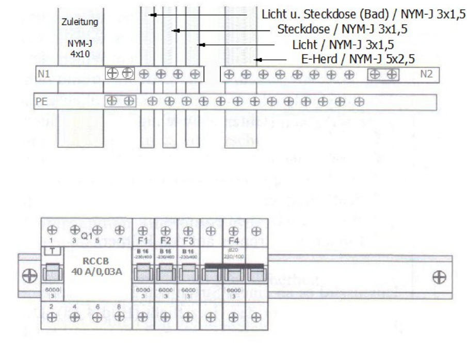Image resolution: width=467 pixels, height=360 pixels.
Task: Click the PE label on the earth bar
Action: click(x=41, y=101)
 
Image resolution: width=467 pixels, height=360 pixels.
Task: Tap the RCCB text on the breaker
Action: click(x=93, y=261)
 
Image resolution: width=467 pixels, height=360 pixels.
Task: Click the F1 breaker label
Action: click(x=143, y=241)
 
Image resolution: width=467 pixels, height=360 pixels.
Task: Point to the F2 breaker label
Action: click(x=166, y=241)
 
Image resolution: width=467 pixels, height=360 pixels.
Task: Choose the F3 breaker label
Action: click(x=188, y=241)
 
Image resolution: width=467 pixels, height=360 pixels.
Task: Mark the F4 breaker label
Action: click(x=233, y=241)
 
